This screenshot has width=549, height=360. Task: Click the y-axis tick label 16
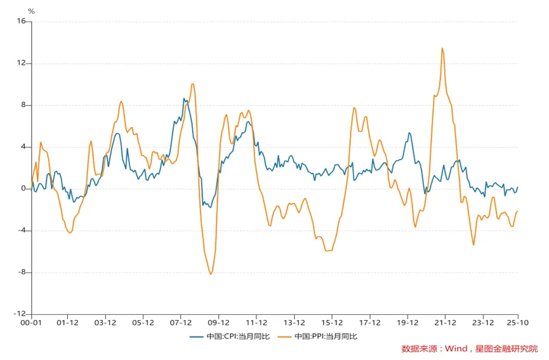pos(21,21)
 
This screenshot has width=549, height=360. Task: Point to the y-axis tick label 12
pos(21,63)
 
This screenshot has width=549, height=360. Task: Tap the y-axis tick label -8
pos(21,272)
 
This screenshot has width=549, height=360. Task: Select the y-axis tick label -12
pos(20,314)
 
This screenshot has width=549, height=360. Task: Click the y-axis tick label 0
pos(23,189)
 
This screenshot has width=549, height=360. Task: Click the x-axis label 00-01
pos(31,323)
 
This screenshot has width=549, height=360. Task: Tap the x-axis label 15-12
pos(332,323)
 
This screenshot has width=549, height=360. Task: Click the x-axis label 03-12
pos(105,323)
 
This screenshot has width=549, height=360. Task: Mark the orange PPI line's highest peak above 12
pos(442,48)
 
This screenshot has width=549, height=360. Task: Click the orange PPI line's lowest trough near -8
pos(211,274)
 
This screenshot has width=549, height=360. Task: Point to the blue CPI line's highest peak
pos(183,98)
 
